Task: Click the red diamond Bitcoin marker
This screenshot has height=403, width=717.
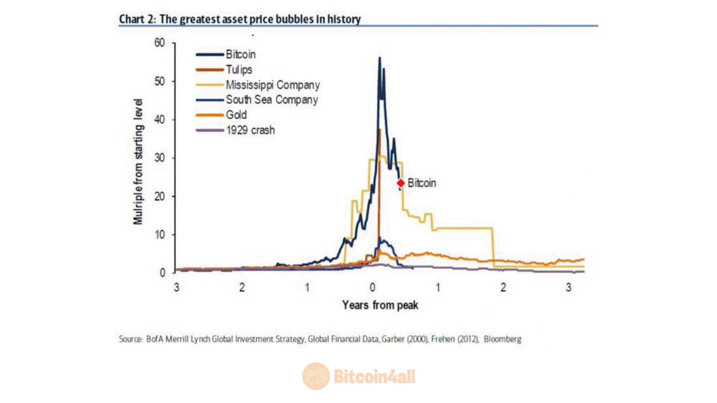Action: click(x=401, y=183)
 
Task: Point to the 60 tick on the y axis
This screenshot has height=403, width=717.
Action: click(x=160, y=43)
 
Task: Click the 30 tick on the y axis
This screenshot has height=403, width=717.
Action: click(x=160, y=158)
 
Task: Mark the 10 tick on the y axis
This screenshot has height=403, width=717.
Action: click(x=160, y=235)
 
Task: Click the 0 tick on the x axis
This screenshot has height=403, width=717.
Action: click(x=373, y=288)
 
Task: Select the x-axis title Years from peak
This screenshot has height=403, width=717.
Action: click(x=380, y=305)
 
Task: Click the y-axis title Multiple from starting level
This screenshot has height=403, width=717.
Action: click(x=138, y=162)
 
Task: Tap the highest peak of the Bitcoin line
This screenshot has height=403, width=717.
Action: click(x=380, y=58)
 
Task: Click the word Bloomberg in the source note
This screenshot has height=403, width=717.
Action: click(x=502, y=339)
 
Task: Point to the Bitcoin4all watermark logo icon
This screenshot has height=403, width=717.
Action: click(x=316, y=376)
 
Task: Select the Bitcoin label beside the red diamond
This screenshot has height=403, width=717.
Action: click(x=422, y=183)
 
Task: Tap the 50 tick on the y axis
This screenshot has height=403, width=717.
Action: click(x=160, y=81)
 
